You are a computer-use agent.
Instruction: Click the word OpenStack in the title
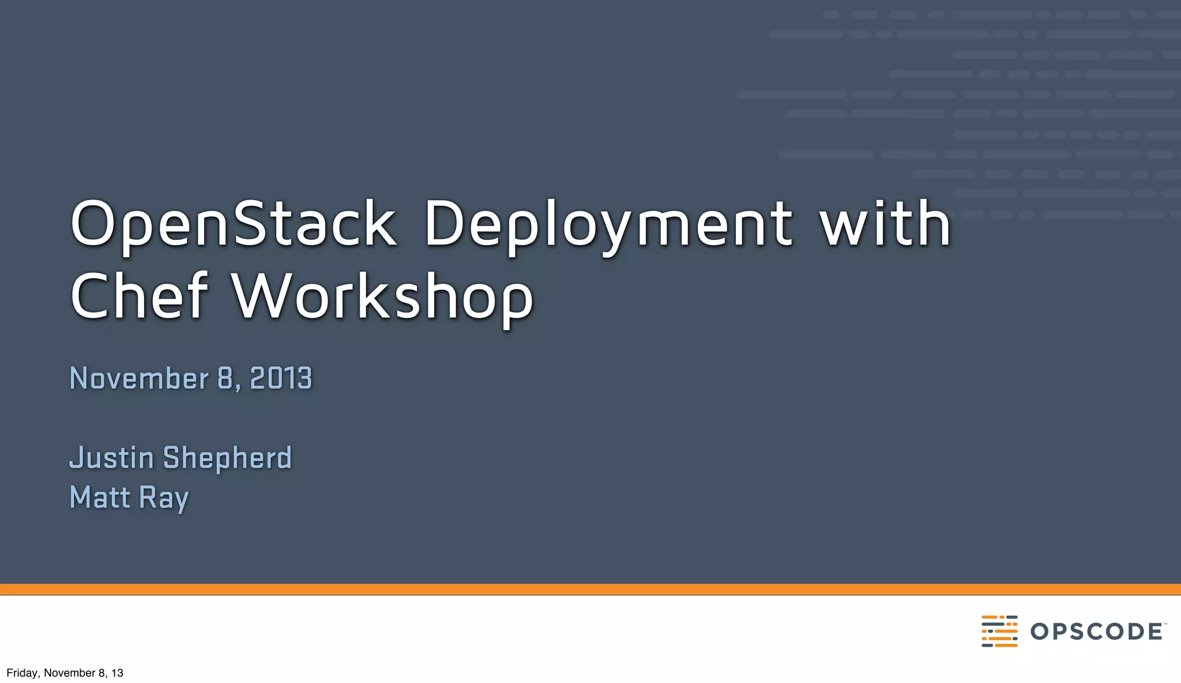coord(233,224)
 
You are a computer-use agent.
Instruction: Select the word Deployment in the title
coord(608,225)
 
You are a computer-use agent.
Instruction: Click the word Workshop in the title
coord(383,298)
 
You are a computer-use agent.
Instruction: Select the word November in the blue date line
coord(138,378)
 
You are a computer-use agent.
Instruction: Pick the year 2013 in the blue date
coord(281,378)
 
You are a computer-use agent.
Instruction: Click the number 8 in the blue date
coord(225,378)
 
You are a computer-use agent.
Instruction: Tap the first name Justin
coord(111,458)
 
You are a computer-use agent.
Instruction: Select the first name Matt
coord(99,497)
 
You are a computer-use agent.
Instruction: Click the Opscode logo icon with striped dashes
coord(999,631)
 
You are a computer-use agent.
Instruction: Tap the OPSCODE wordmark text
coord(1096,632)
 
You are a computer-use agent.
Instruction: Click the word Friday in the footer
coord(22,673)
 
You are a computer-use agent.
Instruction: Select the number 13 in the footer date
coord(117,673)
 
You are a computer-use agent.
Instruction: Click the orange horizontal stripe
coord(590,589)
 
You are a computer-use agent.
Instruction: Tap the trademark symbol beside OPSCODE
coord(1165,624)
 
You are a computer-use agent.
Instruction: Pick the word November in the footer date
coord(69,673)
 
